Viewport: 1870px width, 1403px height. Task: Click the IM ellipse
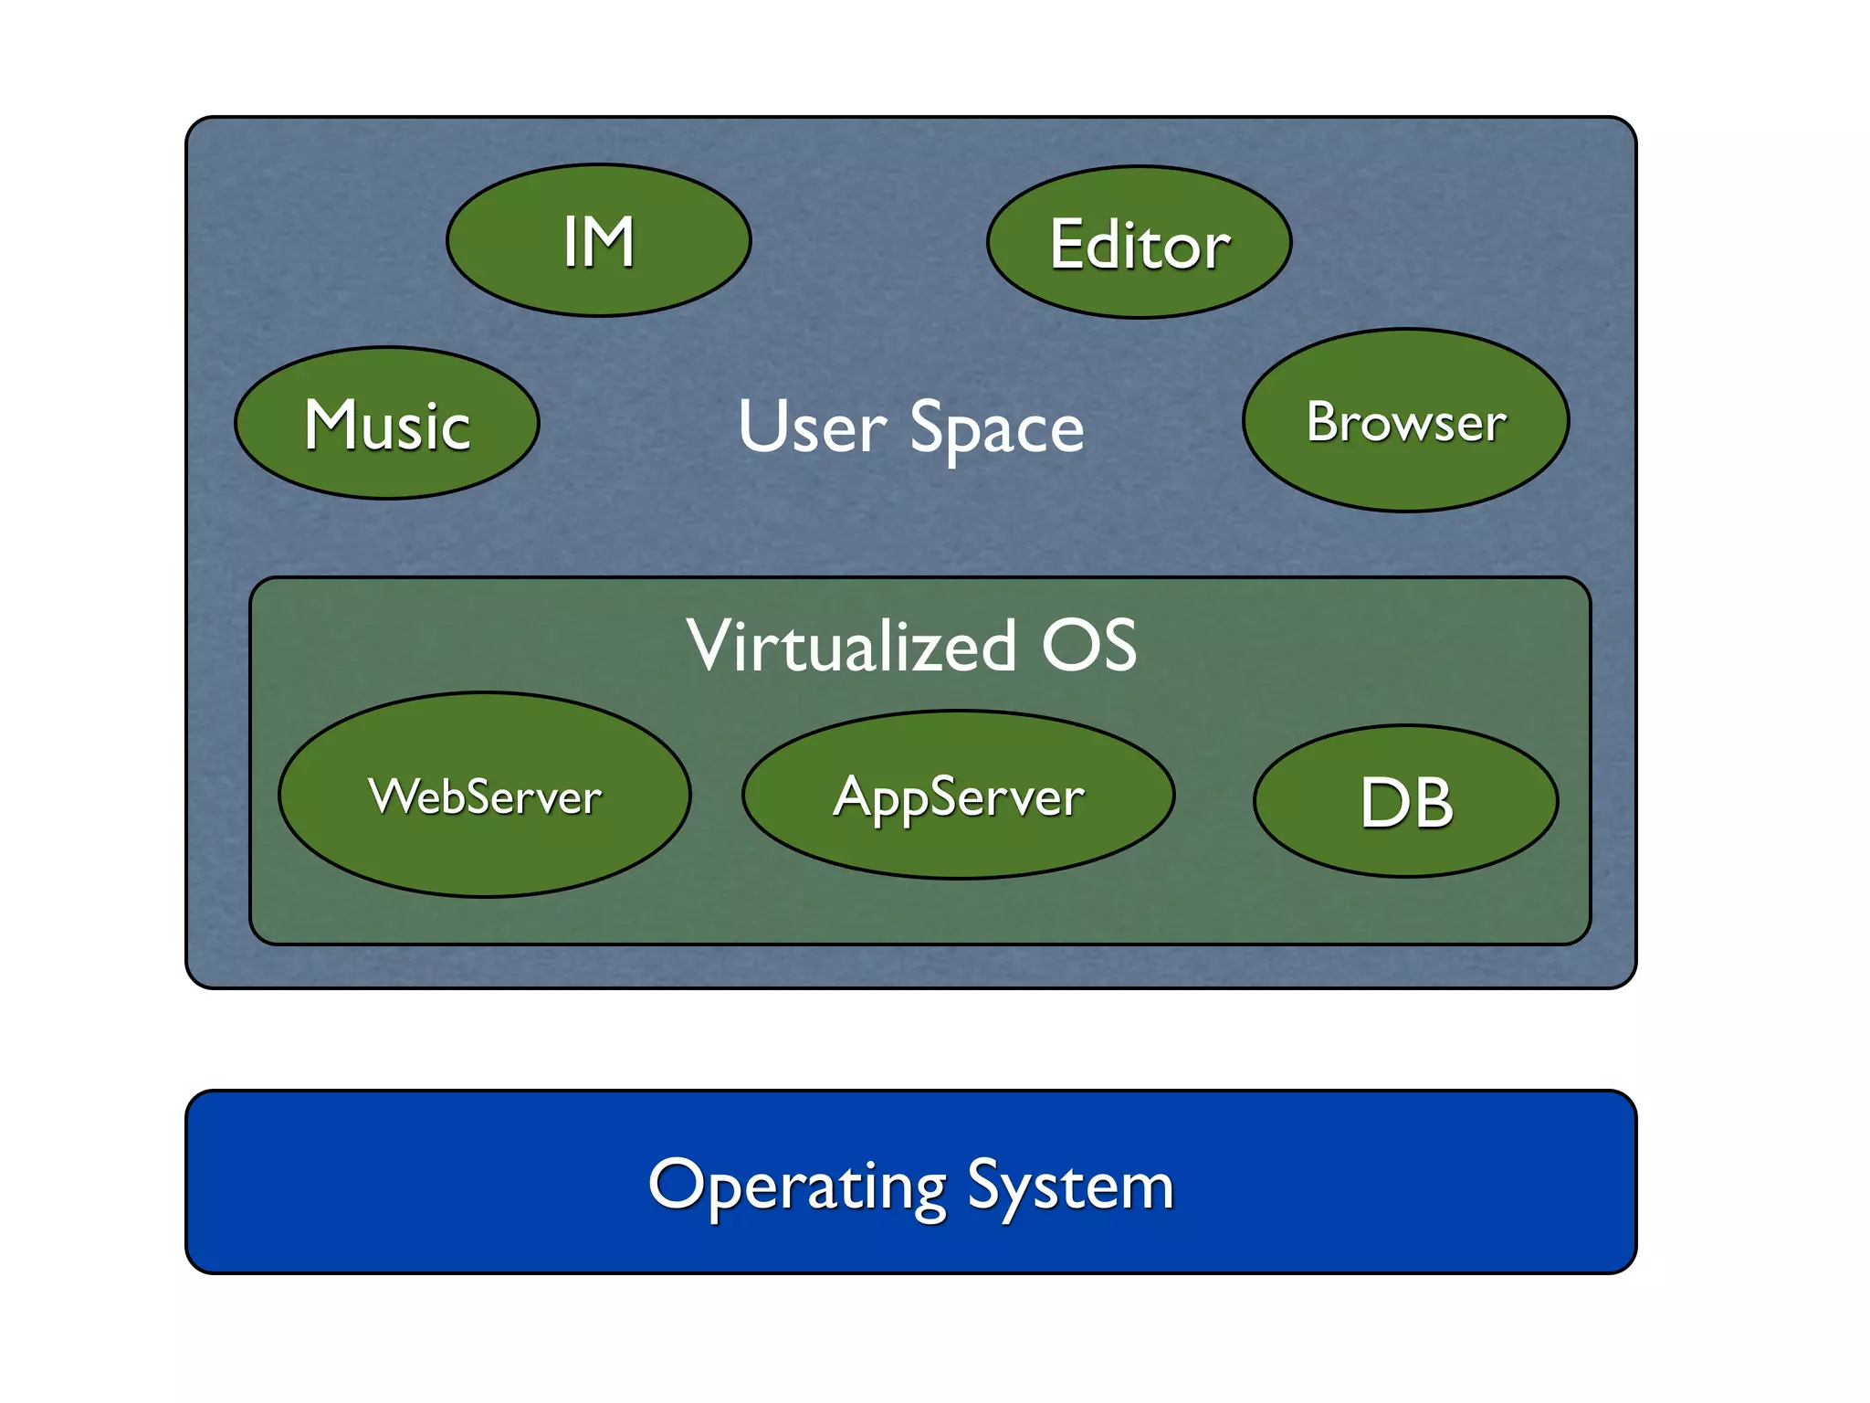point(598,241)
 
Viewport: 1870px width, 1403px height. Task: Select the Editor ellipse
point(1139,243)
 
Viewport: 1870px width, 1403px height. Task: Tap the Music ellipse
point(387,424)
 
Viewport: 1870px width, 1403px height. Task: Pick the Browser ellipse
point(1405,421)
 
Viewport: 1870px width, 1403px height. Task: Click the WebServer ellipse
point(485,796)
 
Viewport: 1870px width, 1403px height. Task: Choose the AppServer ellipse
point(958,796)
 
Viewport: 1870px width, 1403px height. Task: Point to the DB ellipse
point(1405,802)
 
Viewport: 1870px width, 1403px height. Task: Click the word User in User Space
point(812,427)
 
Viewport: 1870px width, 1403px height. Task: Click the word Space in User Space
point(996,428)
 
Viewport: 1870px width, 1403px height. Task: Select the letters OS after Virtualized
point(1089,645)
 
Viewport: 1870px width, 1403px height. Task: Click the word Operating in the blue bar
point(797,1186)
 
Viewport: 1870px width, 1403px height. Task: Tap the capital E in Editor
point(1067,244)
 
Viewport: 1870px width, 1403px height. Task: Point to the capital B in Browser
point(1322,421)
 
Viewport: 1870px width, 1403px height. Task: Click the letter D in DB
point(1381,804)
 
